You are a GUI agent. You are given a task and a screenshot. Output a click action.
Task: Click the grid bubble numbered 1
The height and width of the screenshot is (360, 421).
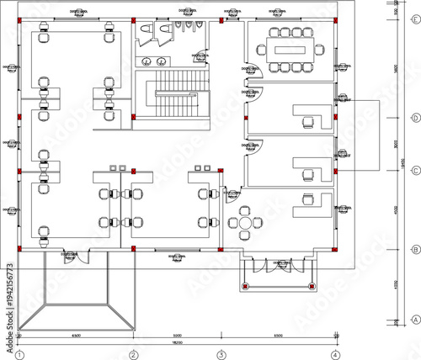click(x=18, y=354)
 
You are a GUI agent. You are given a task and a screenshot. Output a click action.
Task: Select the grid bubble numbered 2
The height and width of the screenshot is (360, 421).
click(x=133, y=354)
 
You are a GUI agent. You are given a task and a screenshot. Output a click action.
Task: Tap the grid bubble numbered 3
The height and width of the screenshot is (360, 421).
click(x=221, y=354)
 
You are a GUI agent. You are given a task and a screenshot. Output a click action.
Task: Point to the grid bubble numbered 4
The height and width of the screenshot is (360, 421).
click(x=335, y=354)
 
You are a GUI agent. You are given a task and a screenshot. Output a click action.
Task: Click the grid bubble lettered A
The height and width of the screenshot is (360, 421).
click(x=414, y=320)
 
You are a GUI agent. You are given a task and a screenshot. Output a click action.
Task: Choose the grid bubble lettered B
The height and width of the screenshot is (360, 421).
click(x=414, y=250)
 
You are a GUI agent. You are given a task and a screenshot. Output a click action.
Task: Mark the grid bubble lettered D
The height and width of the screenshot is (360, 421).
click(x=414, y=118)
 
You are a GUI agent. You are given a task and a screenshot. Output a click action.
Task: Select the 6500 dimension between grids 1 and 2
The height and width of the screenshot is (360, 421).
click(x=76, y=335)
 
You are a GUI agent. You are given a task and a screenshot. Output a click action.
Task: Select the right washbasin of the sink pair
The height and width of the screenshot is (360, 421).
click(x=160, y=61)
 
